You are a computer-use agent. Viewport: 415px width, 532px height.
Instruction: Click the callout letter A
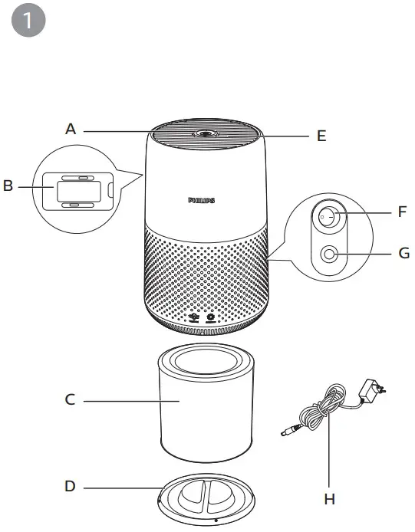71,130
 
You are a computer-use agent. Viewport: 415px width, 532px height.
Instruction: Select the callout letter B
8,186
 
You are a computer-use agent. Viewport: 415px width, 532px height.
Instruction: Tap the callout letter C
70,400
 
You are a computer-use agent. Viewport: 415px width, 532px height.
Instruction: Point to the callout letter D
71,486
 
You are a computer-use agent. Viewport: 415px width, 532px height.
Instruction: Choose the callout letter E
321,136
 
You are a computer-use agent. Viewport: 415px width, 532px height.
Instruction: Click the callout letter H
330,499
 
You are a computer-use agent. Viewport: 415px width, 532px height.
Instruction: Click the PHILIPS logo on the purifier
202,199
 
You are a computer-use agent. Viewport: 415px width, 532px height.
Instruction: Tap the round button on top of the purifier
204,134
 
